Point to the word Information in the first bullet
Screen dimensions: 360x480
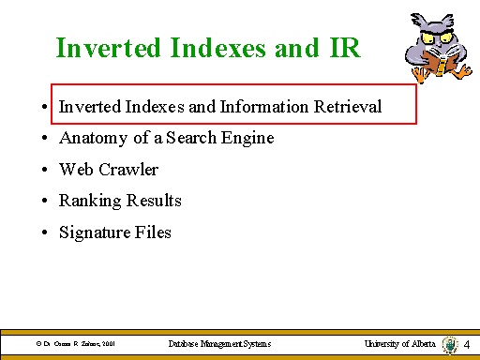tap(265, 107)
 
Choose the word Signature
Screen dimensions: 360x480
tap(94, 232)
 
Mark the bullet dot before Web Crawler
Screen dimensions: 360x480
tap(45, 171)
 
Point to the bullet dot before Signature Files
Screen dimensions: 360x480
tap(45, 232)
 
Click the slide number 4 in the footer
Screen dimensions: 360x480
tap(467, 346)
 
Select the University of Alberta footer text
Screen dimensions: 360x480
tap(399, 344)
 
